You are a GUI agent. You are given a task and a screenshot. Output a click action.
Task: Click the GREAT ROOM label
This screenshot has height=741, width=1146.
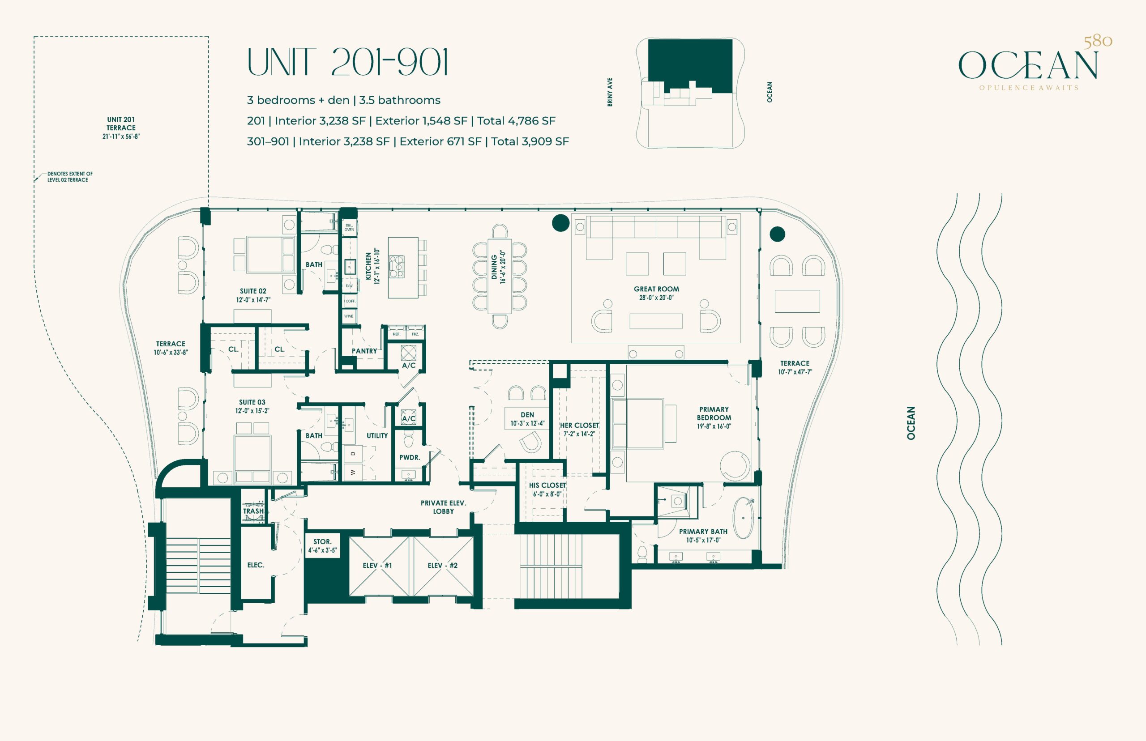[657, 289]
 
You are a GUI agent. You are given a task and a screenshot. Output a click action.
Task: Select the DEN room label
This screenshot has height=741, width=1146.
[527, 415]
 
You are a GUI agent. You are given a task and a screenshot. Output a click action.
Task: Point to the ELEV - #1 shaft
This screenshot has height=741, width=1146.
[378, 566]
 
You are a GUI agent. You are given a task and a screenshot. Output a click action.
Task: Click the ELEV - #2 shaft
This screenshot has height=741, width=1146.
[443, 566]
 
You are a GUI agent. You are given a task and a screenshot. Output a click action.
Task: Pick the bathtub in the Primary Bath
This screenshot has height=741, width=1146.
[744, 519]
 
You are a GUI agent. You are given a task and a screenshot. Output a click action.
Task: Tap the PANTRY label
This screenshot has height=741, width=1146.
[364, 351]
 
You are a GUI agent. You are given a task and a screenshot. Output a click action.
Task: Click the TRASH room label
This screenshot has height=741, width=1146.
[253, 511]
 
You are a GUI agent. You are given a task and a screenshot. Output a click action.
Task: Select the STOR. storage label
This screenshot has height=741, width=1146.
[322, 542]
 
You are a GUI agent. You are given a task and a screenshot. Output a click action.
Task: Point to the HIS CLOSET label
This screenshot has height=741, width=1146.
[547, 485]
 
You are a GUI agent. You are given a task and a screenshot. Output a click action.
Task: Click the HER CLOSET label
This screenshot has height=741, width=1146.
[580, 426]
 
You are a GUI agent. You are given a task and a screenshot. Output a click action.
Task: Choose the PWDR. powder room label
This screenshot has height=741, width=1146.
[410, 458]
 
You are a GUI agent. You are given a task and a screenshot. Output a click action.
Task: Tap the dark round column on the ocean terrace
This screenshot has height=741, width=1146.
[777, 234]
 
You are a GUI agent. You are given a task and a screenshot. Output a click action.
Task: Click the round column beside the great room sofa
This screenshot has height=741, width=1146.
[560, 223]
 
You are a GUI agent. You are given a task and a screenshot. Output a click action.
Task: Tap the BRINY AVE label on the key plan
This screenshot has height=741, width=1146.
[610, 92]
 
